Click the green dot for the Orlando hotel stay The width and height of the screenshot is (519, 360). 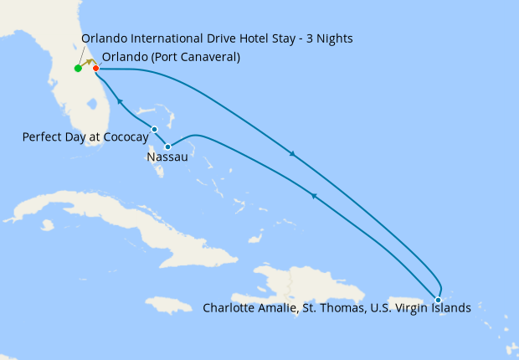click(x=78, y=68)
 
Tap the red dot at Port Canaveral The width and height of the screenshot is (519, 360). click(x=96, y=68)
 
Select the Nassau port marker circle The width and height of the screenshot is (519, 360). click(x=168, y=147)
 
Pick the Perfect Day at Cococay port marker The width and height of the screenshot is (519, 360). click(x=155, y=129)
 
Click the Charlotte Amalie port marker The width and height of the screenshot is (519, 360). click(x=438, y=300)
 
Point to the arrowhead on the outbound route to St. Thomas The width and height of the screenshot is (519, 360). click(x=291, y=154)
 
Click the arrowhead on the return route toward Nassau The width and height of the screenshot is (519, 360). click(x=313, y=195)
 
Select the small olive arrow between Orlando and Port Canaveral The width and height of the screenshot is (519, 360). click(x=87, y=63)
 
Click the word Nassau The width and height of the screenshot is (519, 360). click(x=167, y=157)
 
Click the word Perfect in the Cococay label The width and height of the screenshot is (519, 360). click(x=42, y=136)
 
